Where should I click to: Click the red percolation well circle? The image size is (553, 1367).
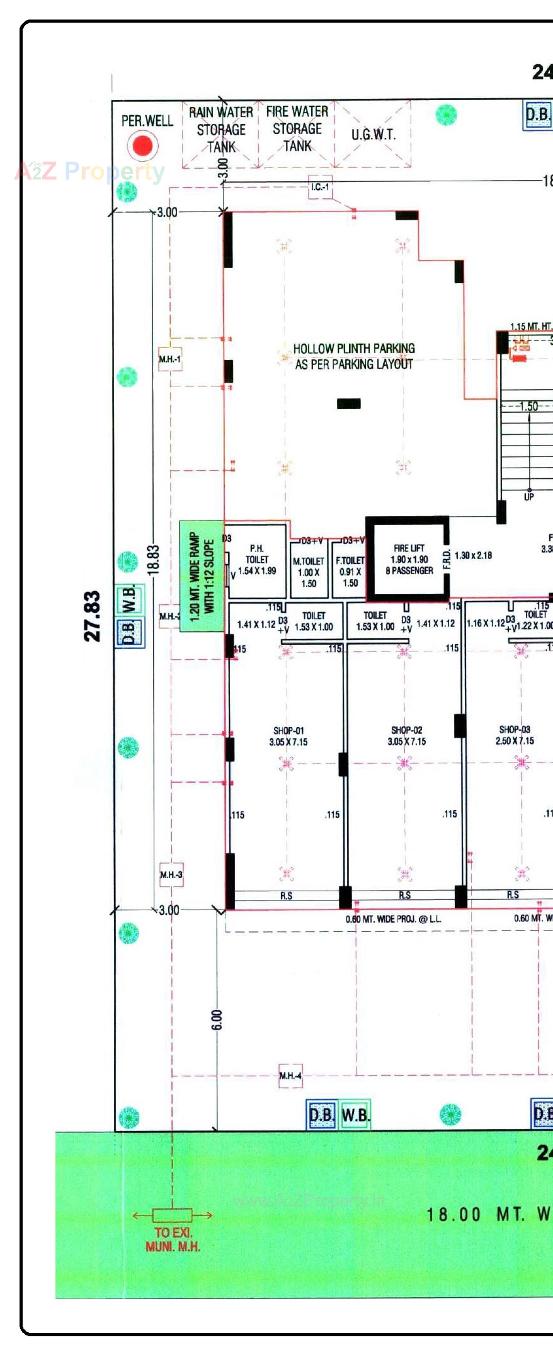tap(142, 146)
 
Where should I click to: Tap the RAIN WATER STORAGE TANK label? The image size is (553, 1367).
tap(221, 130)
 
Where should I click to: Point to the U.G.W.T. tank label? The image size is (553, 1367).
tap(373, 135)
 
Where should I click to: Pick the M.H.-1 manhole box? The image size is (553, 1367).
tap(170, 359)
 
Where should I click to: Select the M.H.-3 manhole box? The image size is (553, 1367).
tap(171, 875)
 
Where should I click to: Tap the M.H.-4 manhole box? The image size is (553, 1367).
tap(291, 1076)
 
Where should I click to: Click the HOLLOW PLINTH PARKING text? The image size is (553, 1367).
tap(354, 356)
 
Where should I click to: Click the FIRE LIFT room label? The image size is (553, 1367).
tap(409, 559)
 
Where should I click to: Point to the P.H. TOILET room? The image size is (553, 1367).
tap(257, 560)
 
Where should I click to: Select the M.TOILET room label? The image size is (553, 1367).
tap(309, 572)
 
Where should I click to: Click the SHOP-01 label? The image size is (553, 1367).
tap(288, 736)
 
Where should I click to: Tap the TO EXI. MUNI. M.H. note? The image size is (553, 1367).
tap(173, 1240)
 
